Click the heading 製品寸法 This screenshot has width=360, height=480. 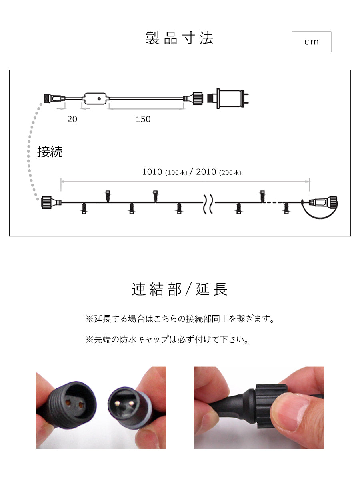pos(180,38)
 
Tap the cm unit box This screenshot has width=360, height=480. pos(311,42)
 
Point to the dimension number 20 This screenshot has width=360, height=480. pos(72,119)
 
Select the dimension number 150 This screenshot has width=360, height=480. pos(143,119)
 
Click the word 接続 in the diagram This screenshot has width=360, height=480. pos(50,152)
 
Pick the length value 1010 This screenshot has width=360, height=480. pos(152,172)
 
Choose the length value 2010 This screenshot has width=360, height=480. pos(206,172)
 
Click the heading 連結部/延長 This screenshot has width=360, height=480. pos(180,289)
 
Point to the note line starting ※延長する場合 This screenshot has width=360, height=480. pos(180,319)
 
